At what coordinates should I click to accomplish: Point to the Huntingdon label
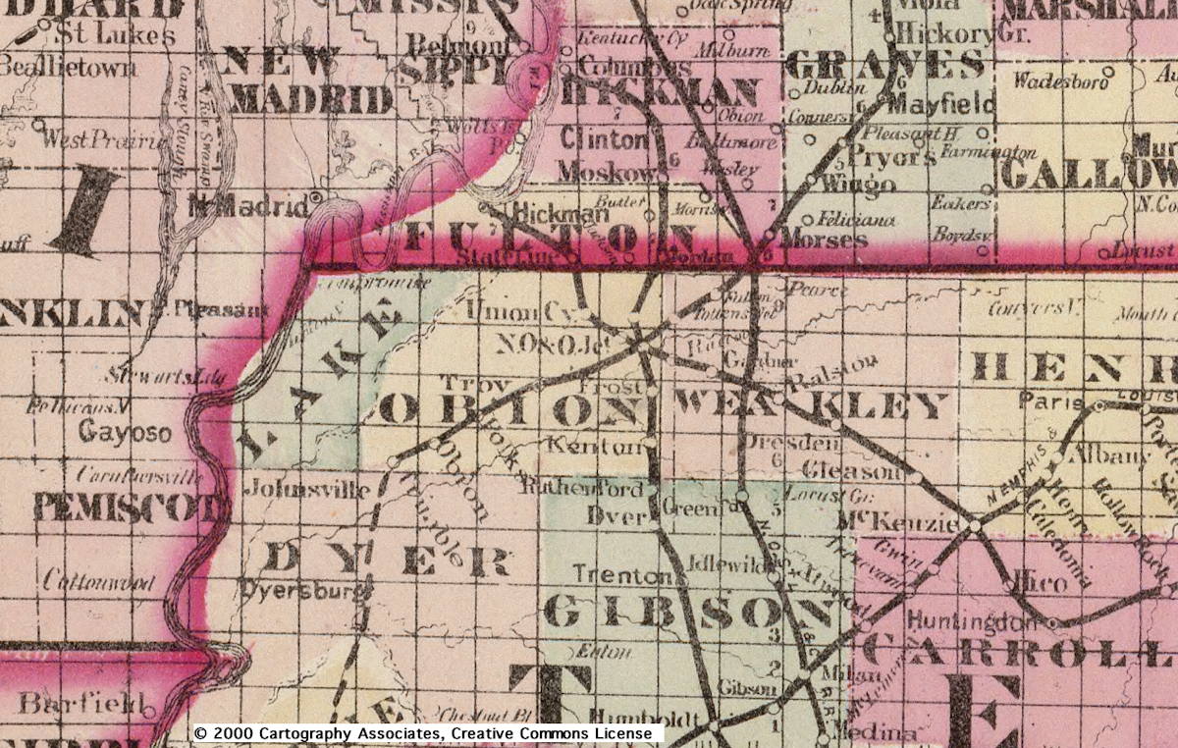[971, 620]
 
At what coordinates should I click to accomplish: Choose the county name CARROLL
[1021, 652]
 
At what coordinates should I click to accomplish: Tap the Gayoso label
[125, 432]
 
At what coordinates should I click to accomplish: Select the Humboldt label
[645, 715]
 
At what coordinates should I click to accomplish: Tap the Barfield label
[82, 704]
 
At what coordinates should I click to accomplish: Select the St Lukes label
[114, 35]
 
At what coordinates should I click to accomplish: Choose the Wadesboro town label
[1059, 80]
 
